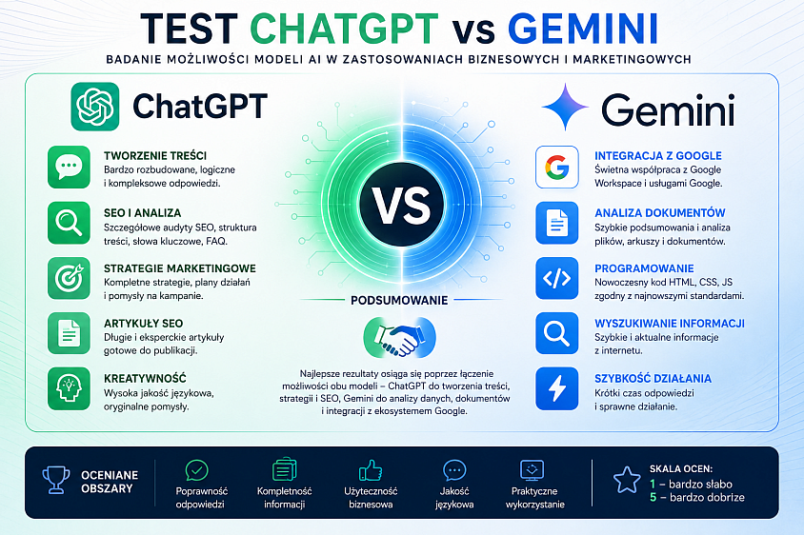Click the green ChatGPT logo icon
(x=95, y=107)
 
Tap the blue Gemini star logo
(x=565, y=107)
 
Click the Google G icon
(x=557, y=167)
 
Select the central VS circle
(x=401, y=205)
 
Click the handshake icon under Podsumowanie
(x=399, y=337)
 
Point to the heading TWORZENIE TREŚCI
(x=155, y=156)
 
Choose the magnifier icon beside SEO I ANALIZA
(x=69, y=223)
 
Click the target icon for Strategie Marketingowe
(x=69, y=278)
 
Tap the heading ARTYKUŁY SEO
(x=143, y=324)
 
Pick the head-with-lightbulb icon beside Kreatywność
(x=69, y=388)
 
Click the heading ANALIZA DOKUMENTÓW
(x=660, y=212)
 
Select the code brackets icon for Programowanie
(x=557, y=278)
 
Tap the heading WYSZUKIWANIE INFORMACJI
(x=670, y=324)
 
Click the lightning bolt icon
(x=557, y=388)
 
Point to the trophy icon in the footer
(x=56, y=480)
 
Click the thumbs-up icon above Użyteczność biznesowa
(x=371, y=470)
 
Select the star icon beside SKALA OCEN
(x=627, y=480)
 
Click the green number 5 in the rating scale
(x=653, y=497)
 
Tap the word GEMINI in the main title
(x=583, y=29)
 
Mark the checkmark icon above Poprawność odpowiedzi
(x=197, y=470)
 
